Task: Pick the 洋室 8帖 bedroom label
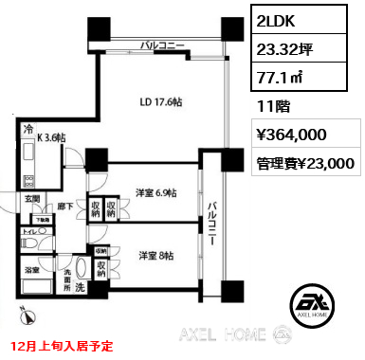coord(155,256)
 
